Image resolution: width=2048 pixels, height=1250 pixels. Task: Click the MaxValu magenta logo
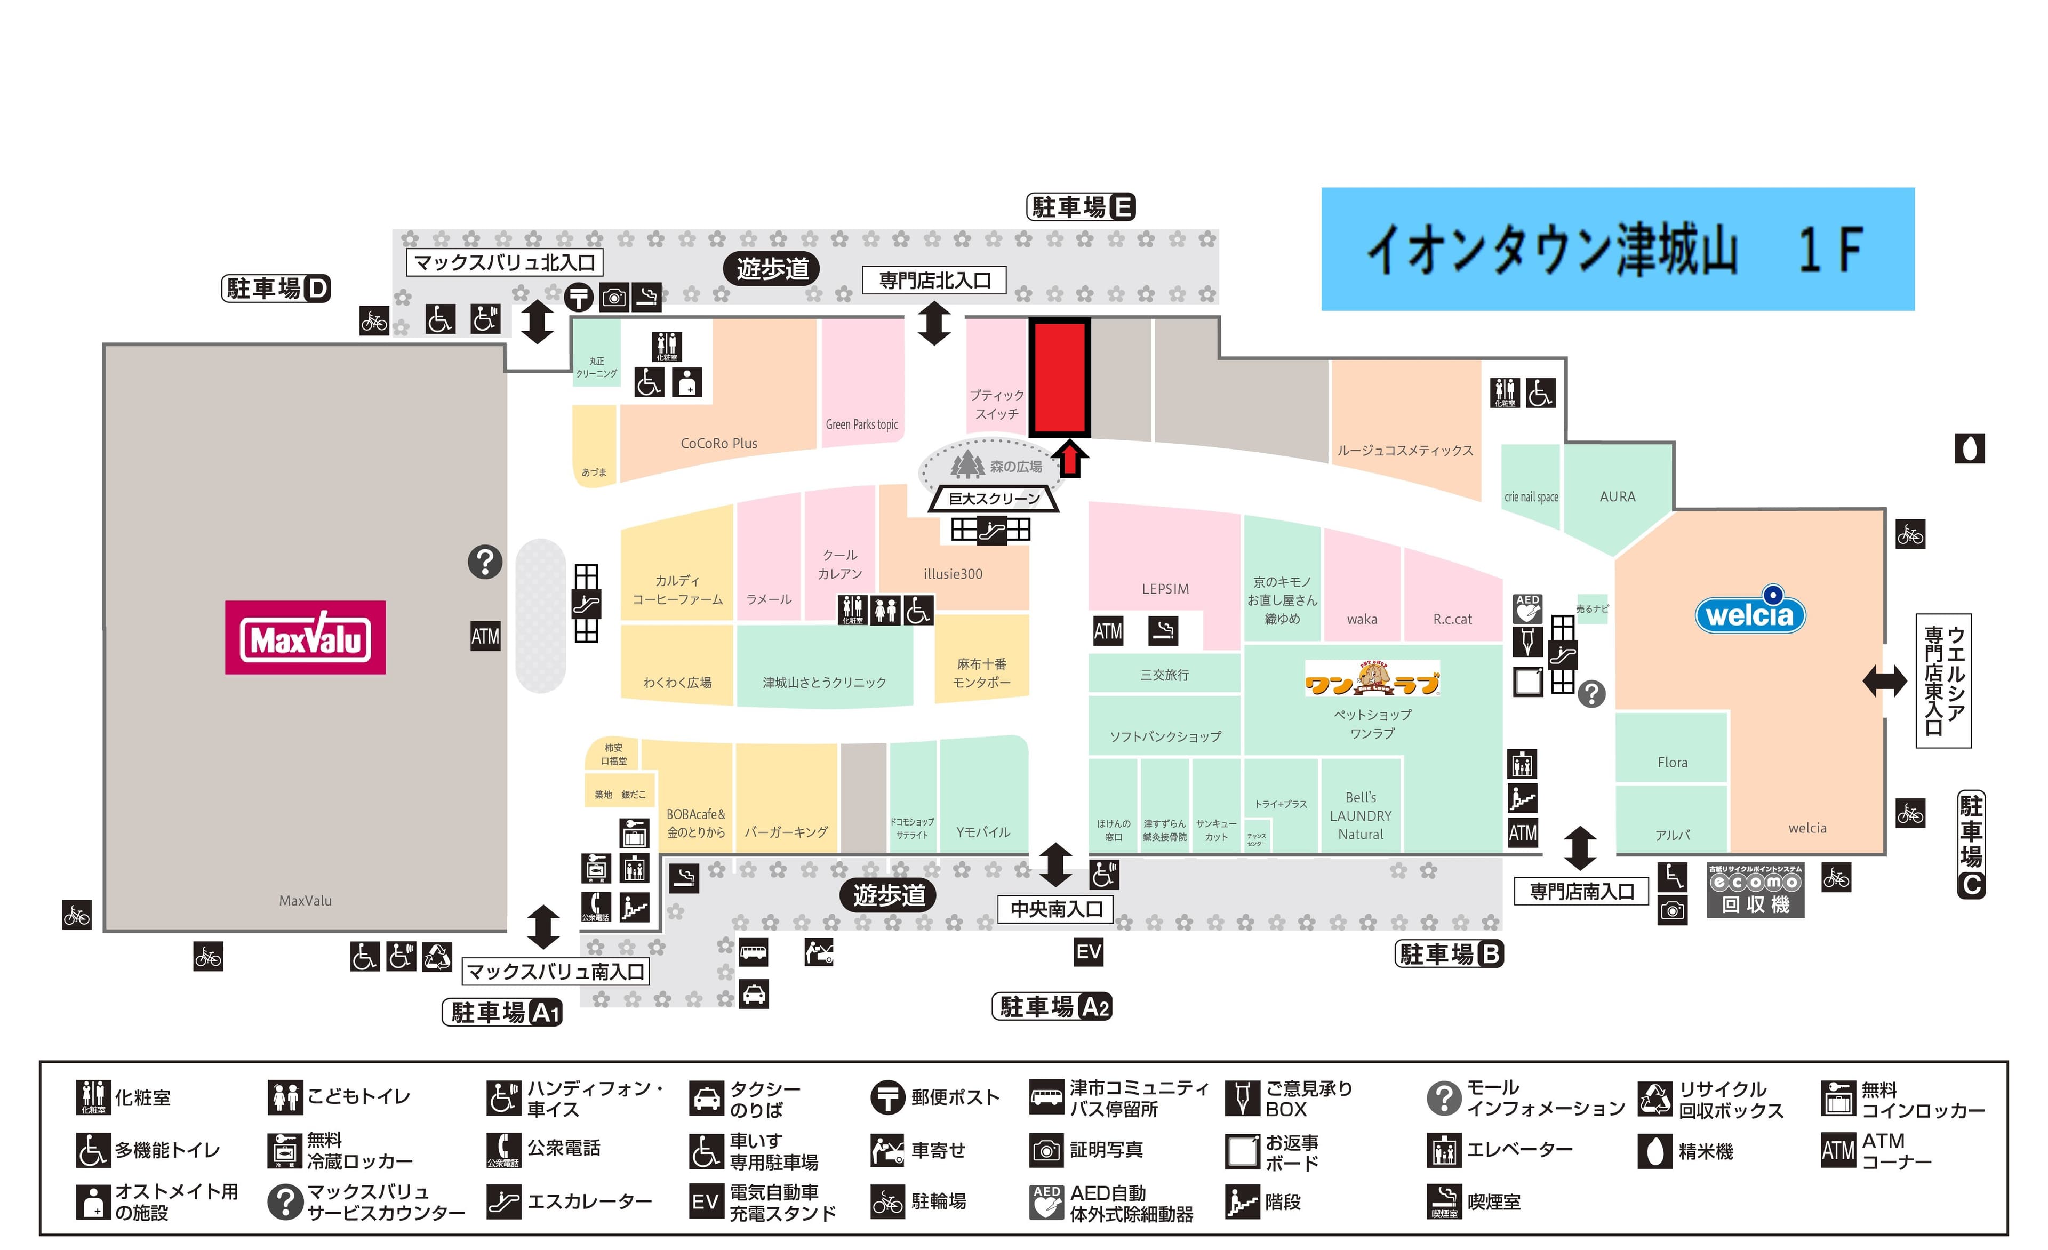[x=305, y=637]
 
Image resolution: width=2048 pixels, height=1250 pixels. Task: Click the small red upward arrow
[x=1070, y=459]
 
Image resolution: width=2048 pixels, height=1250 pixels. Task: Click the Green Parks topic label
[x=862, y=424]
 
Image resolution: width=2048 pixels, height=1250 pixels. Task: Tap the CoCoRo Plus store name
[x=719, y=444]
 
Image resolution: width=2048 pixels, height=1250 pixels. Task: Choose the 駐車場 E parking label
[x=1081, y=207]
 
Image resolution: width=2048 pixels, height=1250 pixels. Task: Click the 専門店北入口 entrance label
[x=934, y=281]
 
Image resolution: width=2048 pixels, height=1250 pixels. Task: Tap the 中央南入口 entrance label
[x=1055, y=909]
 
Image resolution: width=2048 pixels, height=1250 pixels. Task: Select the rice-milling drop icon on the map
[x=1969, y=449]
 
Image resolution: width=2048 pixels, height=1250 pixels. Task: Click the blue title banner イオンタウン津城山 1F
[x=1618, y=250]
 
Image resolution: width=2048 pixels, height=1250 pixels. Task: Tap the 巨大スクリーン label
[x=994, y=499]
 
